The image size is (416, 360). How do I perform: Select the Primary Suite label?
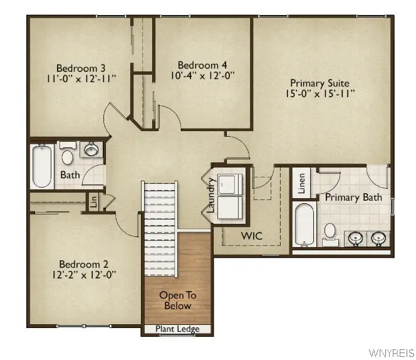coord(320,83)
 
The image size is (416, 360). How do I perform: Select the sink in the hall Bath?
coord(91,150)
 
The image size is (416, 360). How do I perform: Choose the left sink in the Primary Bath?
coord(355,238)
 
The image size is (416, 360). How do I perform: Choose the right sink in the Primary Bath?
coord(378,238)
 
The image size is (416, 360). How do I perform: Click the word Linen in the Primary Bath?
coord(301,183)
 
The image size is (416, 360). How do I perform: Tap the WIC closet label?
coord(252,236)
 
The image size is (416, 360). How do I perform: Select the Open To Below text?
coord(178,300)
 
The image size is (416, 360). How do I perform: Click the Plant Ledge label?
coord(179,329)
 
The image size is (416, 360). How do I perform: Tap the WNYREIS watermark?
coord(392,352)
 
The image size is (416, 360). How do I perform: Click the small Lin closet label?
coord(93,202)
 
